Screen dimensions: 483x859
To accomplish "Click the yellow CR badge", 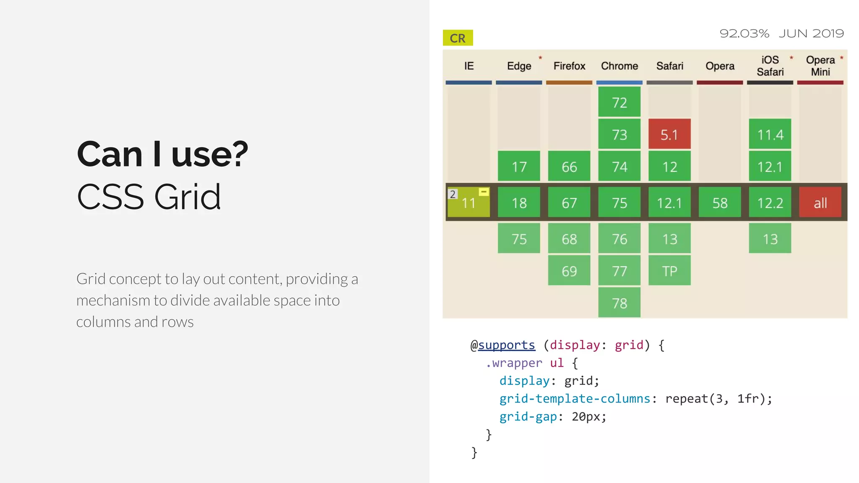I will click(x=458, y=38).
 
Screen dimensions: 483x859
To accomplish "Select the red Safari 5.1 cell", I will click(x=669, y=134).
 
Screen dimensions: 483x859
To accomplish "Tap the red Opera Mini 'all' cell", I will click(x=820, y=203).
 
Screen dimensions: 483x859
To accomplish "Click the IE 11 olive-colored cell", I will click(x=469, y=203).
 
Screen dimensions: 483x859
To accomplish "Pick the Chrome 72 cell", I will click(x=619, y=102).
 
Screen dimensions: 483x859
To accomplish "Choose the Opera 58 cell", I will click(x=720, y=203).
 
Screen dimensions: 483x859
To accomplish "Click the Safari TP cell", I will click(x=669, y=271).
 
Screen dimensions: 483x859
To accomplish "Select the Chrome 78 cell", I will click(x=619, y=303).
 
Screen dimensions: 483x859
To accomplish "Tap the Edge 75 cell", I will click(x=519, y=239).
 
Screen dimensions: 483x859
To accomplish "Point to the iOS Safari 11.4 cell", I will click(x=770, y=134).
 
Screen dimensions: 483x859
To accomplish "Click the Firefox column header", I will click(x=569, y=66).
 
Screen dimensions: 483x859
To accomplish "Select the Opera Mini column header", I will click(x=820, y=66).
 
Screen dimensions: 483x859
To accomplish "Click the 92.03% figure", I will click(x=744, y=34).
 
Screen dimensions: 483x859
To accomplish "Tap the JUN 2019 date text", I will click(x=811, y=34).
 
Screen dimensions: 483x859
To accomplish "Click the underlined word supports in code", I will click(x=507, y=345).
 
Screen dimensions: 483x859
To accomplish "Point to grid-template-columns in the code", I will click(x=575, y=399).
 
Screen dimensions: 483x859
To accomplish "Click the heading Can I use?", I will click(x=162, y=154).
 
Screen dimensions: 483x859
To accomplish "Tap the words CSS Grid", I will click(x=149, y=197).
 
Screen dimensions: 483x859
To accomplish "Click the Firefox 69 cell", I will click(x=569, y=271).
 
